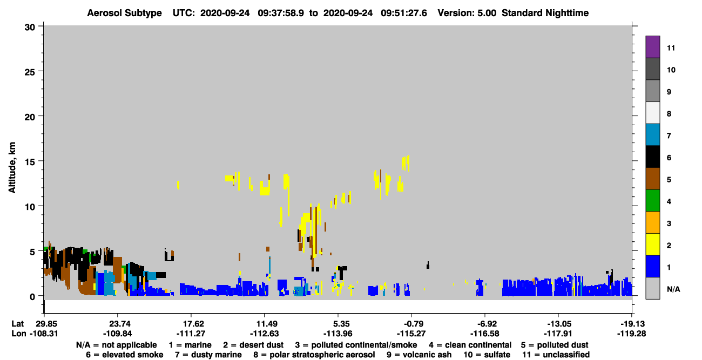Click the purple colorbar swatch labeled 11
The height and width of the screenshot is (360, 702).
point(652,46)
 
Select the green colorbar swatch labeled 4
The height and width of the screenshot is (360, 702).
point(652,201)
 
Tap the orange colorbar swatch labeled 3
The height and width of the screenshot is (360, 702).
point(652,222)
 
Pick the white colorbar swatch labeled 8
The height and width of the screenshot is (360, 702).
point(652,113)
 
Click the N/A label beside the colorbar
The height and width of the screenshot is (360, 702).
point(673,289)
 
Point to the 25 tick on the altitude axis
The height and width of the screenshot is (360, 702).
point(30,72)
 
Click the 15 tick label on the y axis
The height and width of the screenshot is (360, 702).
point(30,162)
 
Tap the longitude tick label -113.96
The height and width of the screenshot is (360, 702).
point(337,334)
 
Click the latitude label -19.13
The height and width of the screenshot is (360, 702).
point(631,324)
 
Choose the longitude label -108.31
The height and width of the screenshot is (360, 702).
point(44,334)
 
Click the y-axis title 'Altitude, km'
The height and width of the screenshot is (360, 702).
point(12,168)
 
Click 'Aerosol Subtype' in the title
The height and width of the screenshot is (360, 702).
point(124,13)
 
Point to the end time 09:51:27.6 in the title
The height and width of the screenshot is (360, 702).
point(404,13)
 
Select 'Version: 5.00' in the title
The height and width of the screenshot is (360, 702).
point(467,13)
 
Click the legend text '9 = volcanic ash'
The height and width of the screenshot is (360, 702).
point(419,355)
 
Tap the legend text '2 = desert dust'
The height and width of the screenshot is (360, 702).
point(253,345)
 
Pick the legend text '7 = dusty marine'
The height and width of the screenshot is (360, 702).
point(208,355)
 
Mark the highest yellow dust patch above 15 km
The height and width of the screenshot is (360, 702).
point(406,163)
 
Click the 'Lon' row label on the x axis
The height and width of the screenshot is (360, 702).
point(19,334)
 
